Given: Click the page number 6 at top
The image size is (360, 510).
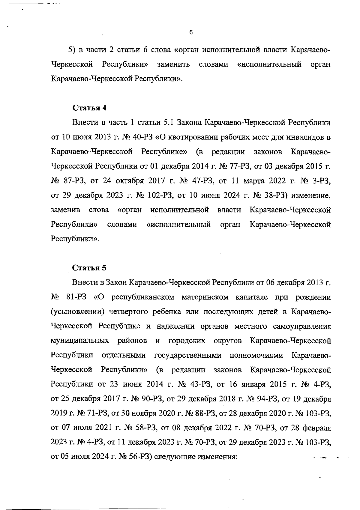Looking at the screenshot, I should [191, 32].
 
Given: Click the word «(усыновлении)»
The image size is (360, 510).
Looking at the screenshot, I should [77, 312].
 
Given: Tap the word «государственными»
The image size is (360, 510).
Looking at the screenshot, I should [188, 355].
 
